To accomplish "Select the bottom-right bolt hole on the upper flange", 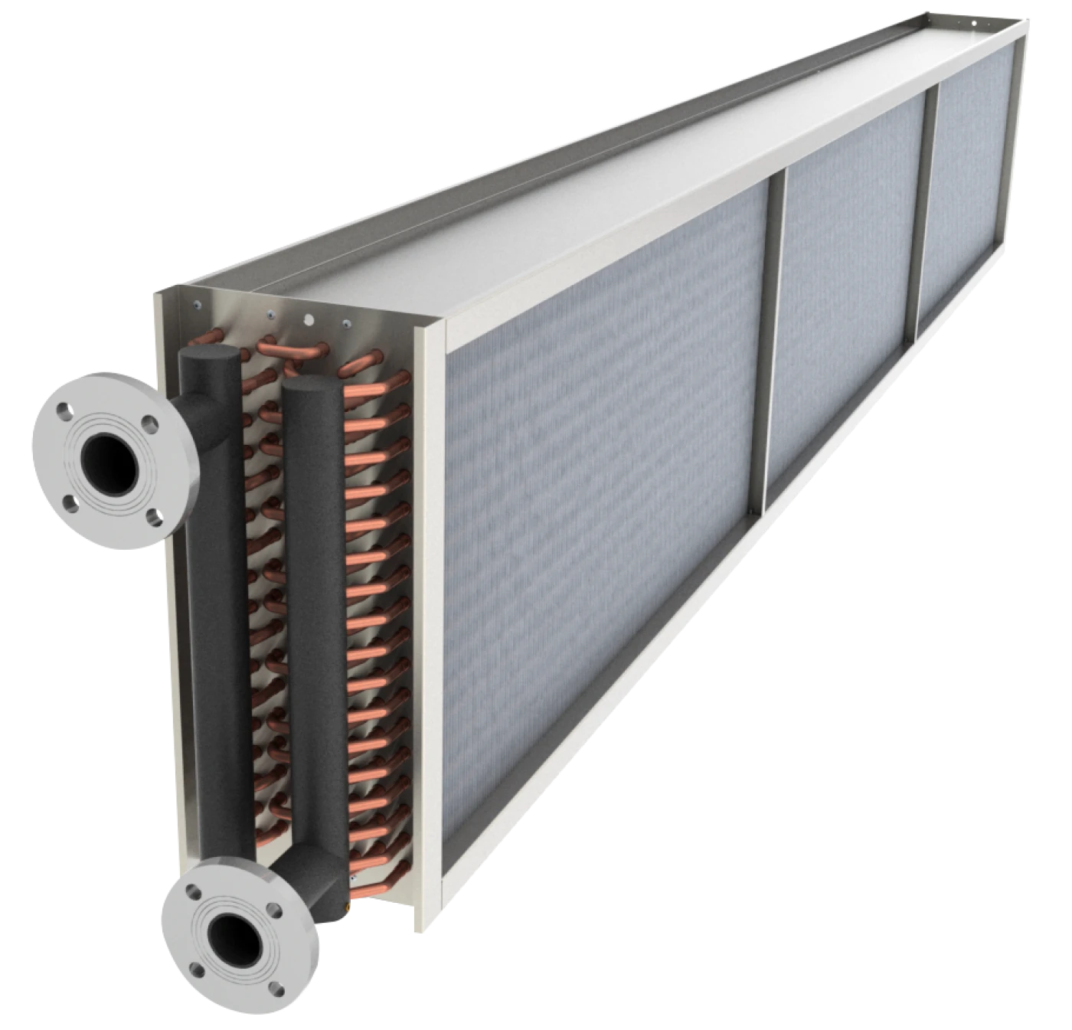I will coord(153,516).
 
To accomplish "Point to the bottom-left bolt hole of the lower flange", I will coord(198,971).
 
